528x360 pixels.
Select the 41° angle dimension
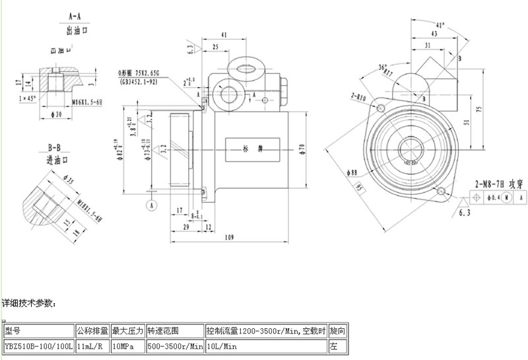click(440, 24)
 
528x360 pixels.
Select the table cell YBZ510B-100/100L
click(38, 345)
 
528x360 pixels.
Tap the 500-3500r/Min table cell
click(174, 345)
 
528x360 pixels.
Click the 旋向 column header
click(337, 330)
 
